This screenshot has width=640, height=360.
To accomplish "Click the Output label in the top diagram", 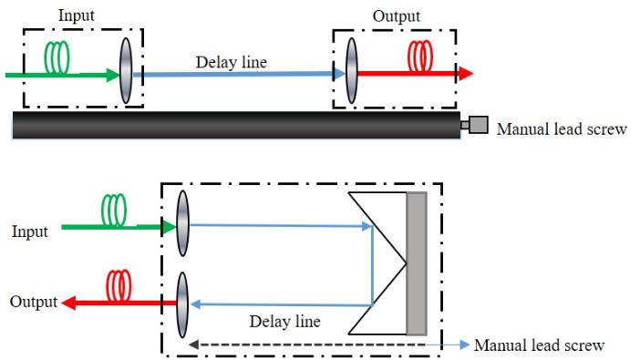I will [397, 16].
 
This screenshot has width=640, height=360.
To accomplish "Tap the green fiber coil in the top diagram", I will [58, 58].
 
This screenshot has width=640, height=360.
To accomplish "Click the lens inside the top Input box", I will [126, 71].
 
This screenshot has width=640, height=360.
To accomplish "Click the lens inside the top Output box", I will [351, 72].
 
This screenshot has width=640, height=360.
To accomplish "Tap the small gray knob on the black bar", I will [478, 125].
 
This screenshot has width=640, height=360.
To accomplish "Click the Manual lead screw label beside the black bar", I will [562, 129].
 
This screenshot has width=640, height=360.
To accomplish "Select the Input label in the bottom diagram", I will [29, 231].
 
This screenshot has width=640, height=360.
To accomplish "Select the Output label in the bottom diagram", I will [33, 302].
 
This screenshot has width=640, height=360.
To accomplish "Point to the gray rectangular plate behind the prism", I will [417, 263].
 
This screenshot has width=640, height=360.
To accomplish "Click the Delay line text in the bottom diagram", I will [285, 322].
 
